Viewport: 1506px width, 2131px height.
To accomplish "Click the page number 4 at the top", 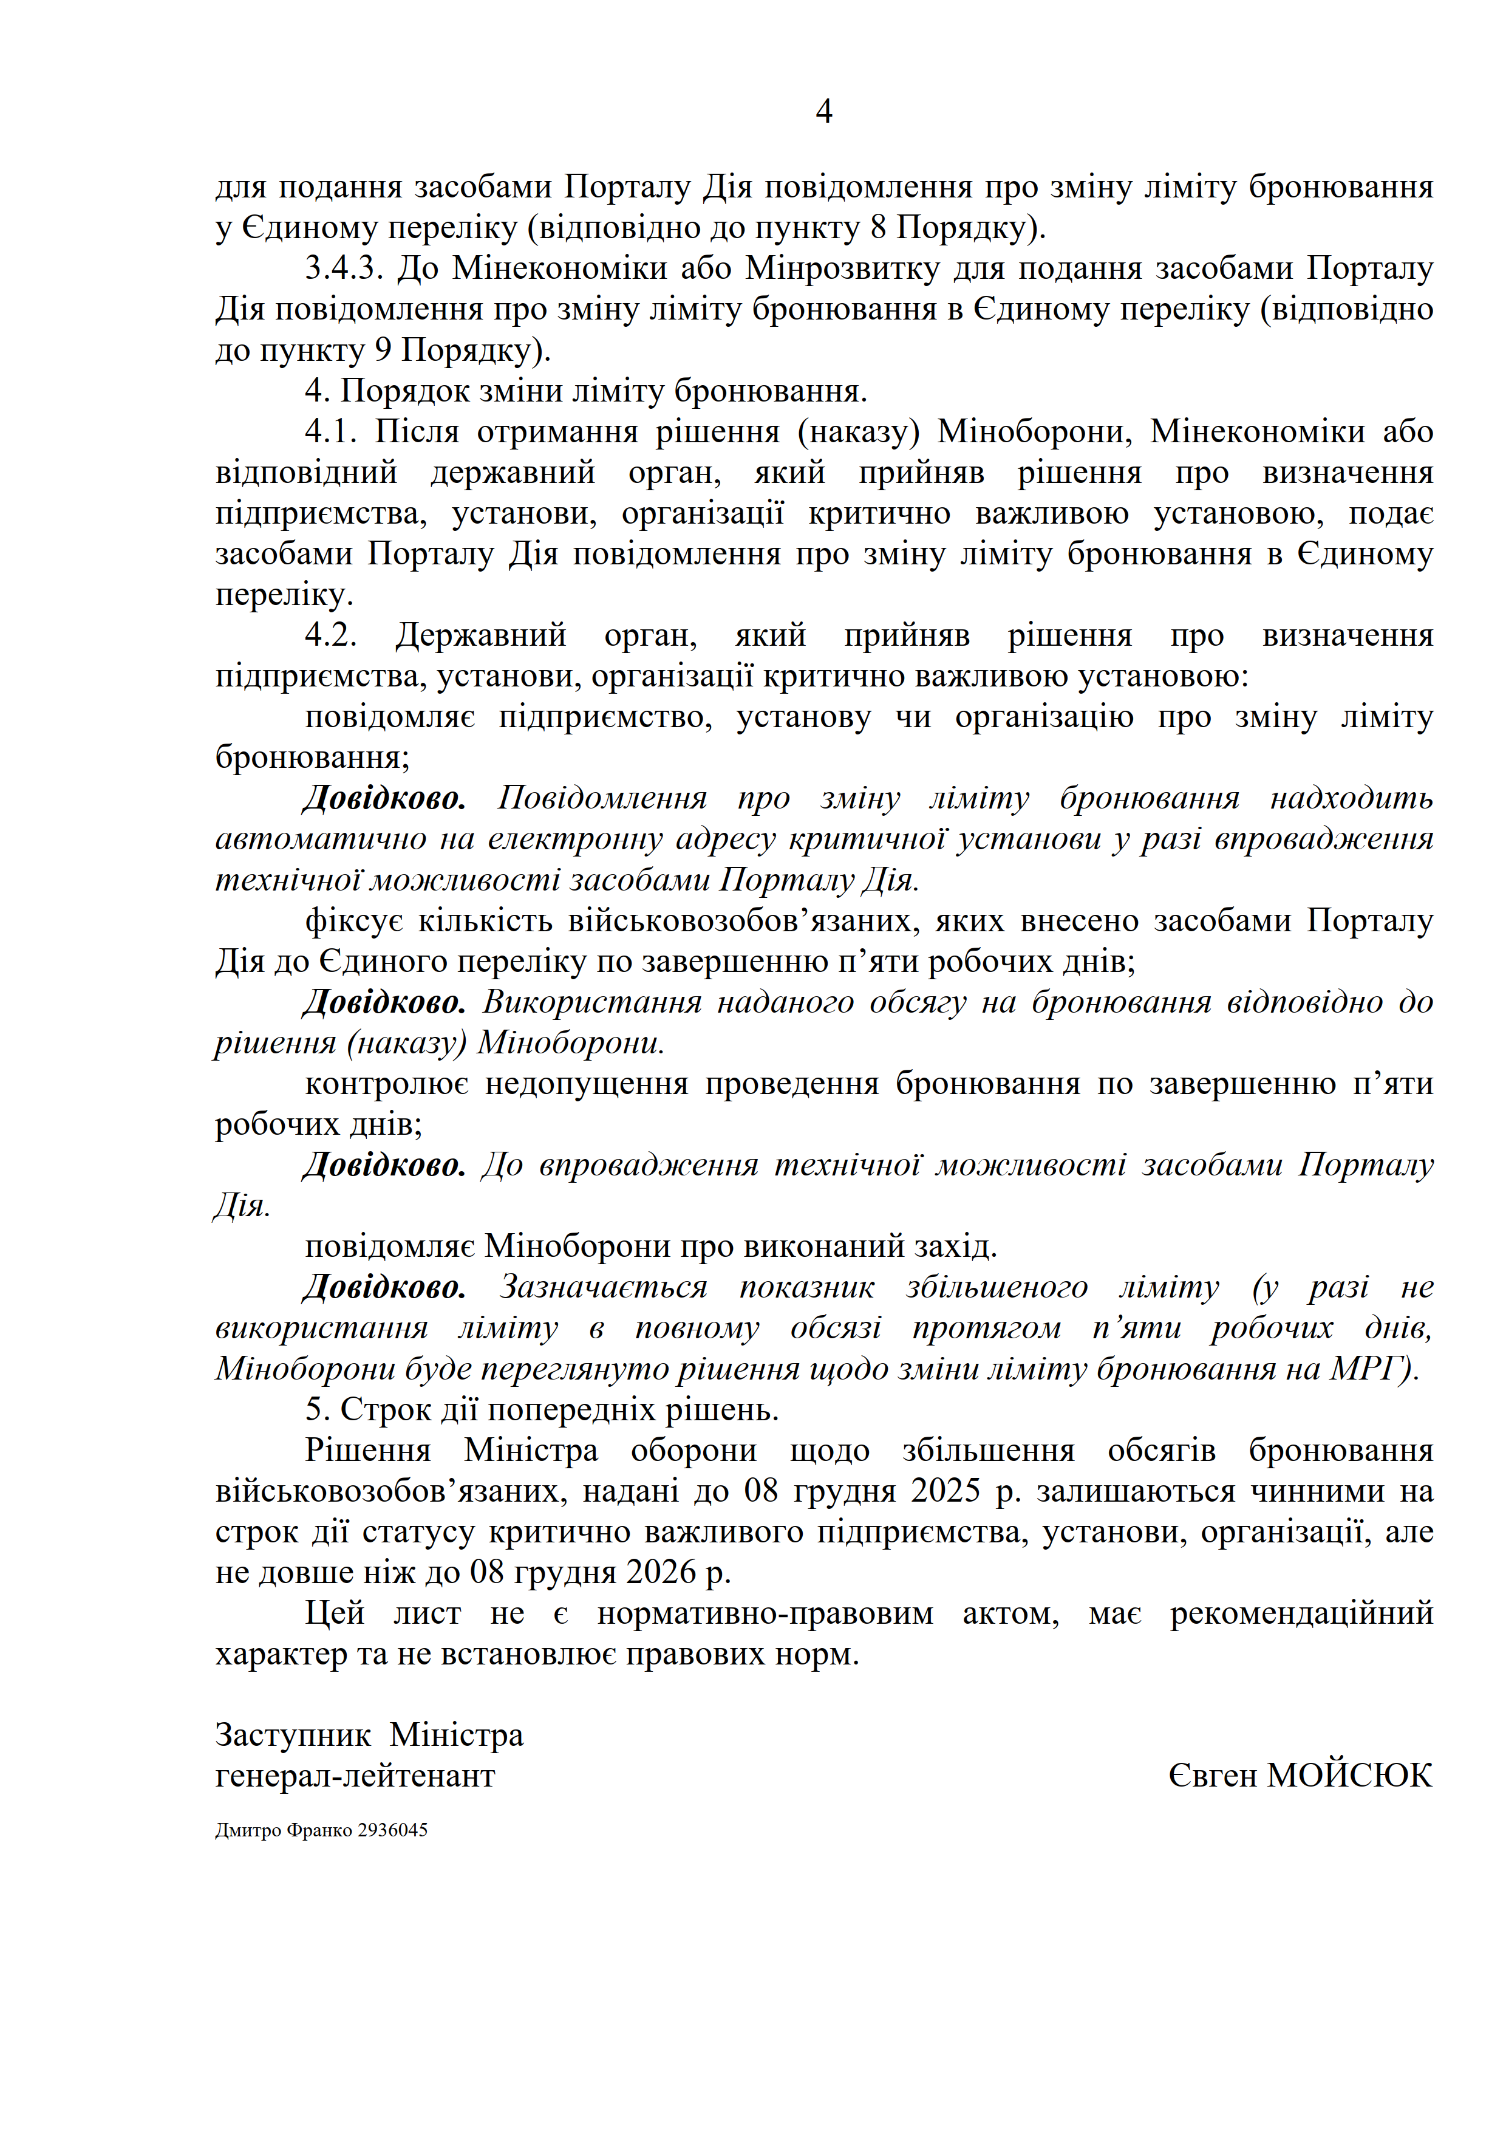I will (x=823, y=112).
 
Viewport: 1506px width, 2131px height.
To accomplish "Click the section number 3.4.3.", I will (x=343, y=269).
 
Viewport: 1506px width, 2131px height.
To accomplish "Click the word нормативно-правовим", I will (x=765, y=1614).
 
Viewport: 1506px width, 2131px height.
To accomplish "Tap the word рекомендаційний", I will (x=1301, y=1614).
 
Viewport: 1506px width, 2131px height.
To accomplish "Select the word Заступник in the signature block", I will (x=292, y=1736).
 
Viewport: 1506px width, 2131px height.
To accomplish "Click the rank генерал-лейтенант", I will (x=355, y=1776).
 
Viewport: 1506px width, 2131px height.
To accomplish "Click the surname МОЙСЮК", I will (x=1349, y=1776).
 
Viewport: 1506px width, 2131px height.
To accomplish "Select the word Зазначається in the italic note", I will (x=603, y=1287).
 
